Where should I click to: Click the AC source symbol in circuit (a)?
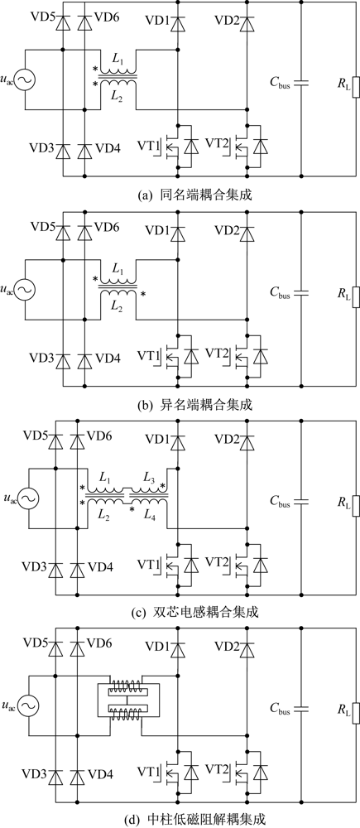coord(24,80)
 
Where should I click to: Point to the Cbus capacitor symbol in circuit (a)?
coord(301,82)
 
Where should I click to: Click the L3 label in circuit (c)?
coord(150,477)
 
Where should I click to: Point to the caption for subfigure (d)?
coord(180,820)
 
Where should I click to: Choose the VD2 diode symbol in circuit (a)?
coord(247,24)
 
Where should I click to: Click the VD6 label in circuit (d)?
coord(98,643)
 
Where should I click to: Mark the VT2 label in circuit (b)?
coord(218,352)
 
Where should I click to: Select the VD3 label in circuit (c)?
coord(34,566)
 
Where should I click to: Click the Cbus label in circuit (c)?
coord(280,503)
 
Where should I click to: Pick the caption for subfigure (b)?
coord(180,406)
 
